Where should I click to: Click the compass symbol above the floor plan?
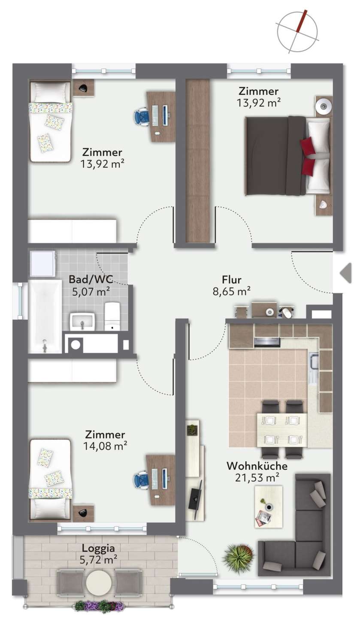[297, 31]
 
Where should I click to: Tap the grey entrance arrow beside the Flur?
[346, 273]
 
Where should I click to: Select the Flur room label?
[232, 279]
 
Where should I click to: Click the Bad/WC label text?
[91, 279]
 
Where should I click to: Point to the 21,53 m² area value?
[257, 478]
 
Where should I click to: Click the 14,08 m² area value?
[105, 446]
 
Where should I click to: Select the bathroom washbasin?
[82, 321]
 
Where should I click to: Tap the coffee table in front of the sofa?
[269, 507]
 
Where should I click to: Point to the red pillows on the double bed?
[308, 157]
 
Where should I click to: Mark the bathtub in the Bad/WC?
[45, 316]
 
